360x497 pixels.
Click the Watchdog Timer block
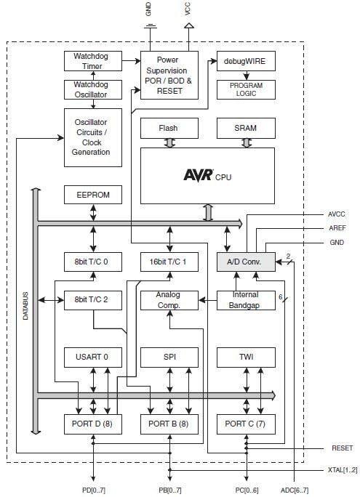point(92,62)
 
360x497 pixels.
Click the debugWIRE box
point(246,62)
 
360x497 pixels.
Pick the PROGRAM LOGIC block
point(246,89)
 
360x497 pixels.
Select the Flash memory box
point(169,129)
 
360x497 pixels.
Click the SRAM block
point(246,129)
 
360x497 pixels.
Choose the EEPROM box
point(92,195)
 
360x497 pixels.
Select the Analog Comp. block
point(169,300)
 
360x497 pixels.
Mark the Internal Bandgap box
point(246,300)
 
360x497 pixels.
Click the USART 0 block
point(92,357)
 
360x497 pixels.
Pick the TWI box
point(246,357)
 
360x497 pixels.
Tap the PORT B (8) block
point(169,424)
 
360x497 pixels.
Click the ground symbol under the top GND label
point(150,28)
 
